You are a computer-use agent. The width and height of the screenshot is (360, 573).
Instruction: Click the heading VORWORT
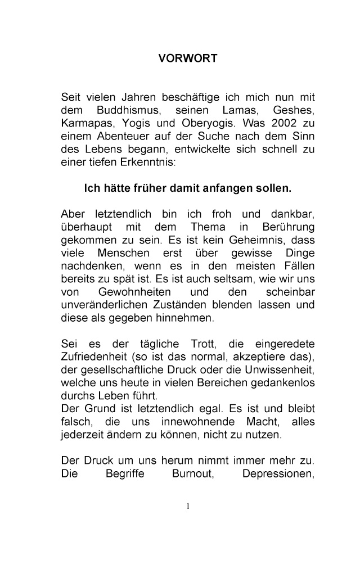pos(187,58)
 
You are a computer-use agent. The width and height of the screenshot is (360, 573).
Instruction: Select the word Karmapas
pos(84,123)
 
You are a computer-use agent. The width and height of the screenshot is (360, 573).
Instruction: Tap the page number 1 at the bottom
pos(188,506)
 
